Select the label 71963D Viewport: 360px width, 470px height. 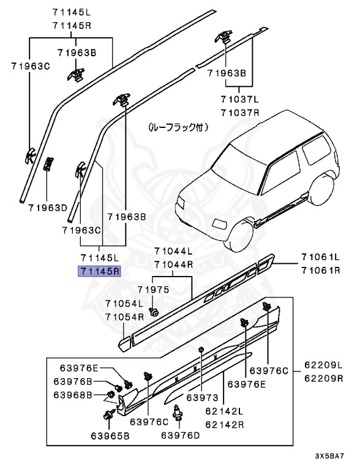pos(47,207)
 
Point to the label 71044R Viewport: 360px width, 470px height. pos(173,264)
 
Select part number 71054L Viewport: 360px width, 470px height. pos(124,304)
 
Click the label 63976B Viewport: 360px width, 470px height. pos(80,381)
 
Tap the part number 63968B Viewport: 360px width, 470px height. pos(80,395)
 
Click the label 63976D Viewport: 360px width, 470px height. pos(181,436)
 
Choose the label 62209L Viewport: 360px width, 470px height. pos(323,365)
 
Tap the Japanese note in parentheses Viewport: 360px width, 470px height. pos(179,128)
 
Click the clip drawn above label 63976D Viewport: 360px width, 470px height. pos(179,412)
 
